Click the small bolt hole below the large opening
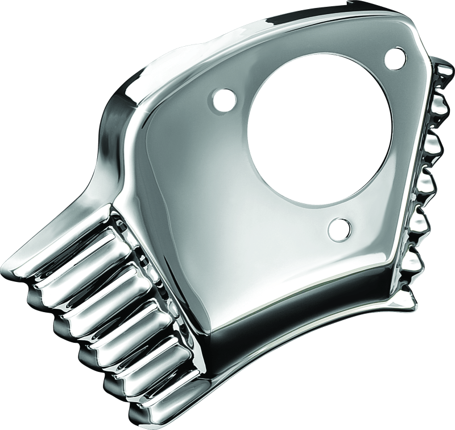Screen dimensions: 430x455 (x=338, y=228)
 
